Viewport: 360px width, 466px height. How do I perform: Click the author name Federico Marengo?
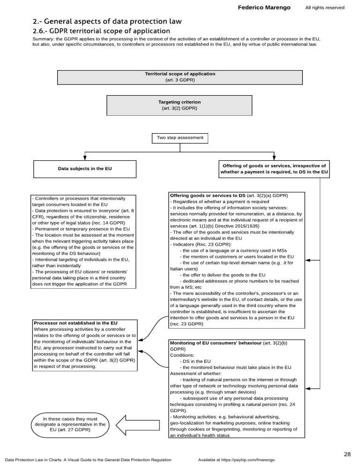[x=264, y=8]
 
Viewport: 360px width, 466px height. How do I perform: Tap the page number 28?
[x=347, y=454]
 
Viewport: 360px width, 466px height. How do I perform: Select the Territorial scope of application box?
[x=180, y=77]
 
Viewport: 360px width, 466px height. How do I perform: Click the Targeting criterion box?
[x=180, y=105]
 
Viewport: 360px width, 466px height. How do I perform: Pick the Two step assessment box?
[x=180, y=138]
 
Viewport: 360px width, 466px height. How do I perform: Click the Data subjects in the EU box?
[x=85, y=169]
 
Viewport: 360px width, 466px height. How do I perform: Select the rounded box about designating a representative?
[x=70, y=425]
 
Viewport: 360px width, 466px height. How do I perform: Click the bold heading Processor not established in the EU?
[x=75, y=323]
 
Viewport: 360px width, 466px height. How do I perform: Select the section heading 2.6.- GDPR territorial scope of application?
[x=101, y=31]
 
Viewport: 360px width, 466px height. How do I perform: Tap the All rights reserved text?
[x=324, y=8]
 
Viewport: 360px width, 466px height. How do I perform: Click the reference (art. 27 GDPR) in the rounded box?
[x=70, y=429]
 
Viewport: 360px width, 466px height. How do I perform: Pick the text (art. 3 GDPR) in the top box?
[x=180, y=80]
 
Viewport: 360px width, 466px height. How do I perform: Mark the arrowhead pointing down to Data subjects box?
[x=85, y=158]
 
